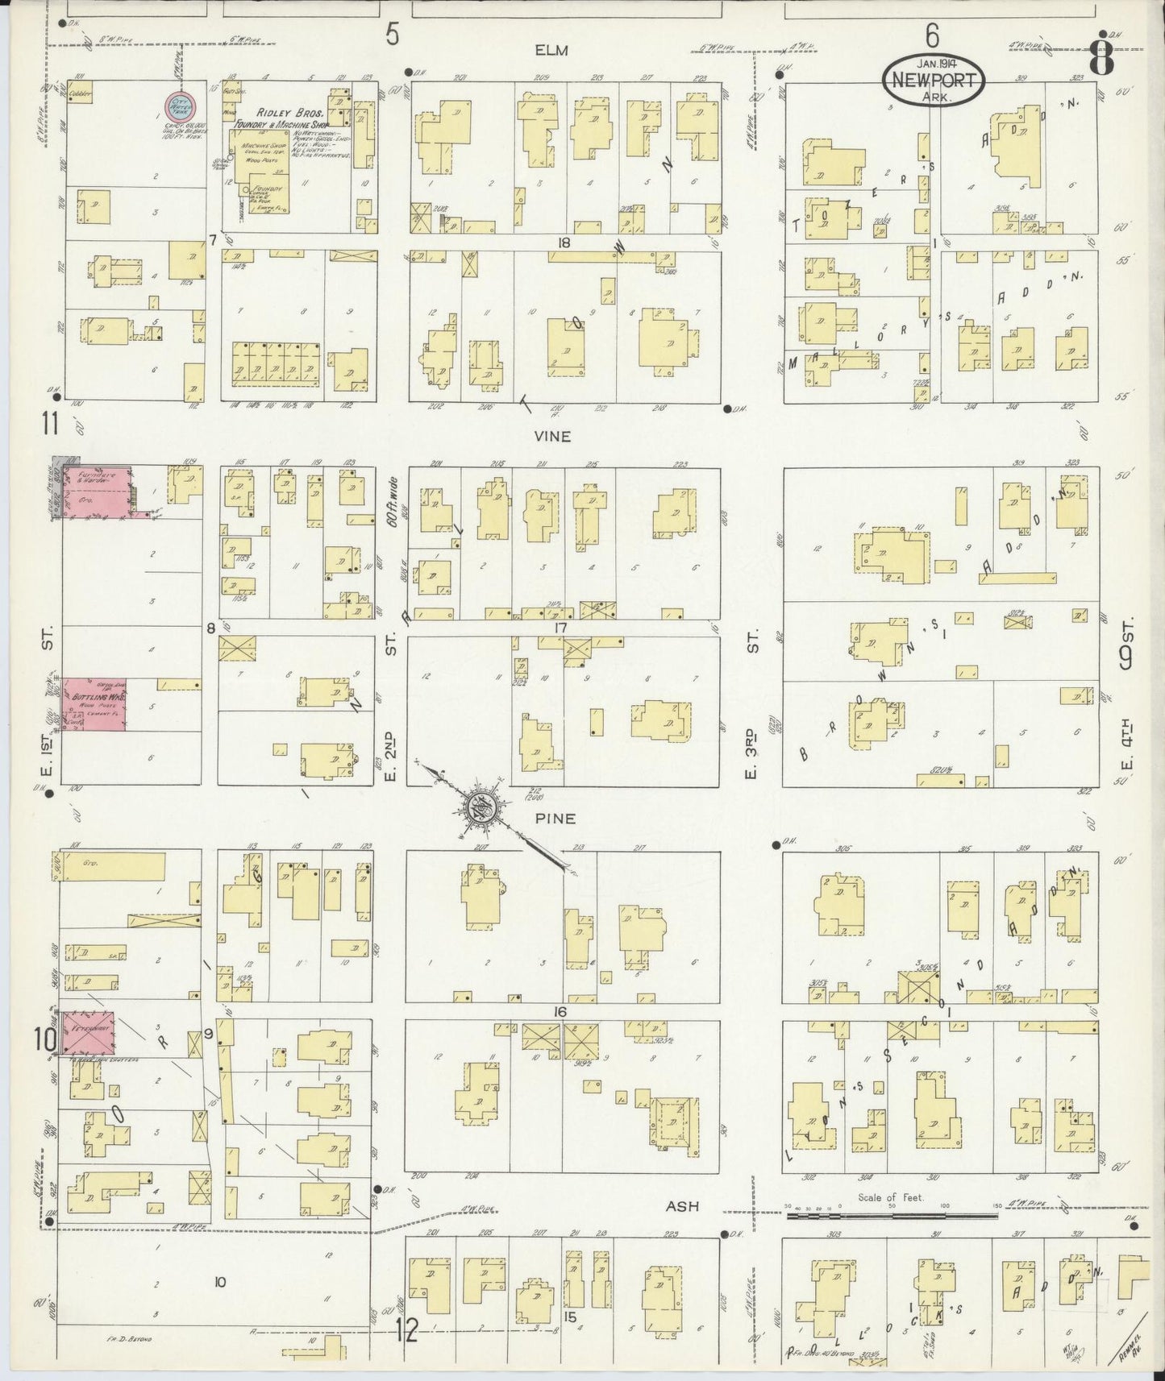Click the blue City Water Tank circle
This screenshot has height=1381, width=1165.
pyautogui.click(x=179, y=106)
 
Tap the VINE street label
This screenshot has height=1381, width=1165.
pyautogui.click(x=552, y=436)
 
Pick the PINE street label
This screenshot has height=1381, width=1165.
pyautogui.click(x=555, y=818)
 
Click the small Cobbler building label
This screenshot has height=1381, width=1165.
pyautogui.click(x=81, y=93)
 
